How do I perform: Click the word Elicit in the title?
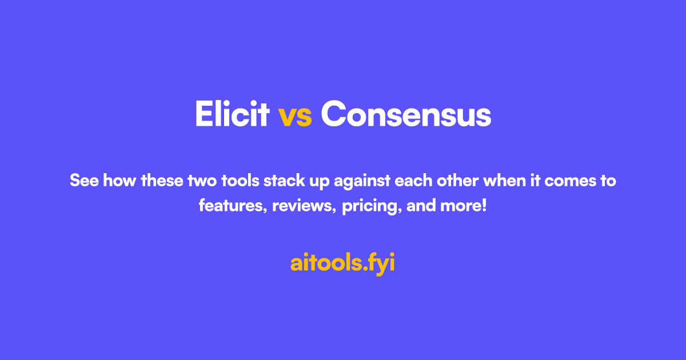tap(232, 114)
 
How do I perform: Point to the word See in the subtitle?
tap(82, 181)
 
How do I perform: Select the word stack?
tap(285, 181)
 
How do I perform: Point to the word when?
tap(505, 181)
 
